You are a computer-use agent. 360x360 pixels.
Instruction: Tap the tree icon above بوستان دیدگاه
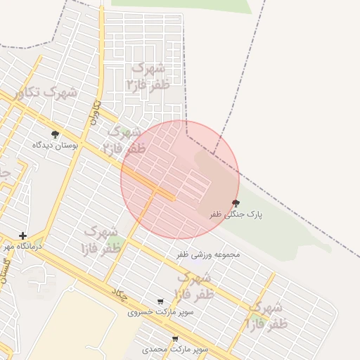coord(55,134)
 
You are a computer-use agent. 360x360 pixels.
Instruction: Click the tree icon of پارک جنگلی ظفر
coord(236,203)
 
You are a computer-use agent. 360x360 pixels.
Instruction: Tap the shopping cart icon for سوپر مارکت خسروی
coord(161,302)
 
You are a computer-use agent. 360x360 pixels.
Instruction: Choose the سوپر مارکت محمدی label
coord(175,349)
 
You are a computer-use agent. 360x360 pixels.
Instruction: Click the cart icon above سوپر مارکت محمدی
coord(175,339)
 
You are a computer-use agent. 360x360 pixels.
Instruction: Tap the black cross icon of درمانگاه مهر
coord(23,236)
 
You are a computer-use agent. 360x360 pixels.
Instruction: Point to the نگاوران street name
coord(94,113)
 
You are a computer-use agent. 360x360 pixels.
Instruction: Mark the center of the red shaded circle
coord(180,179)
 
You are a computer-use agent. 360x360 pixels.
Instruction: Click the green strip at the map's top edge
coord(181,6)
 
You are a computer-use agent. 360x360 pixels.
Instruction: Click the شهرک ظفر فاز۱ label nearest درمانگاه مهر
coord(101,240)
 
